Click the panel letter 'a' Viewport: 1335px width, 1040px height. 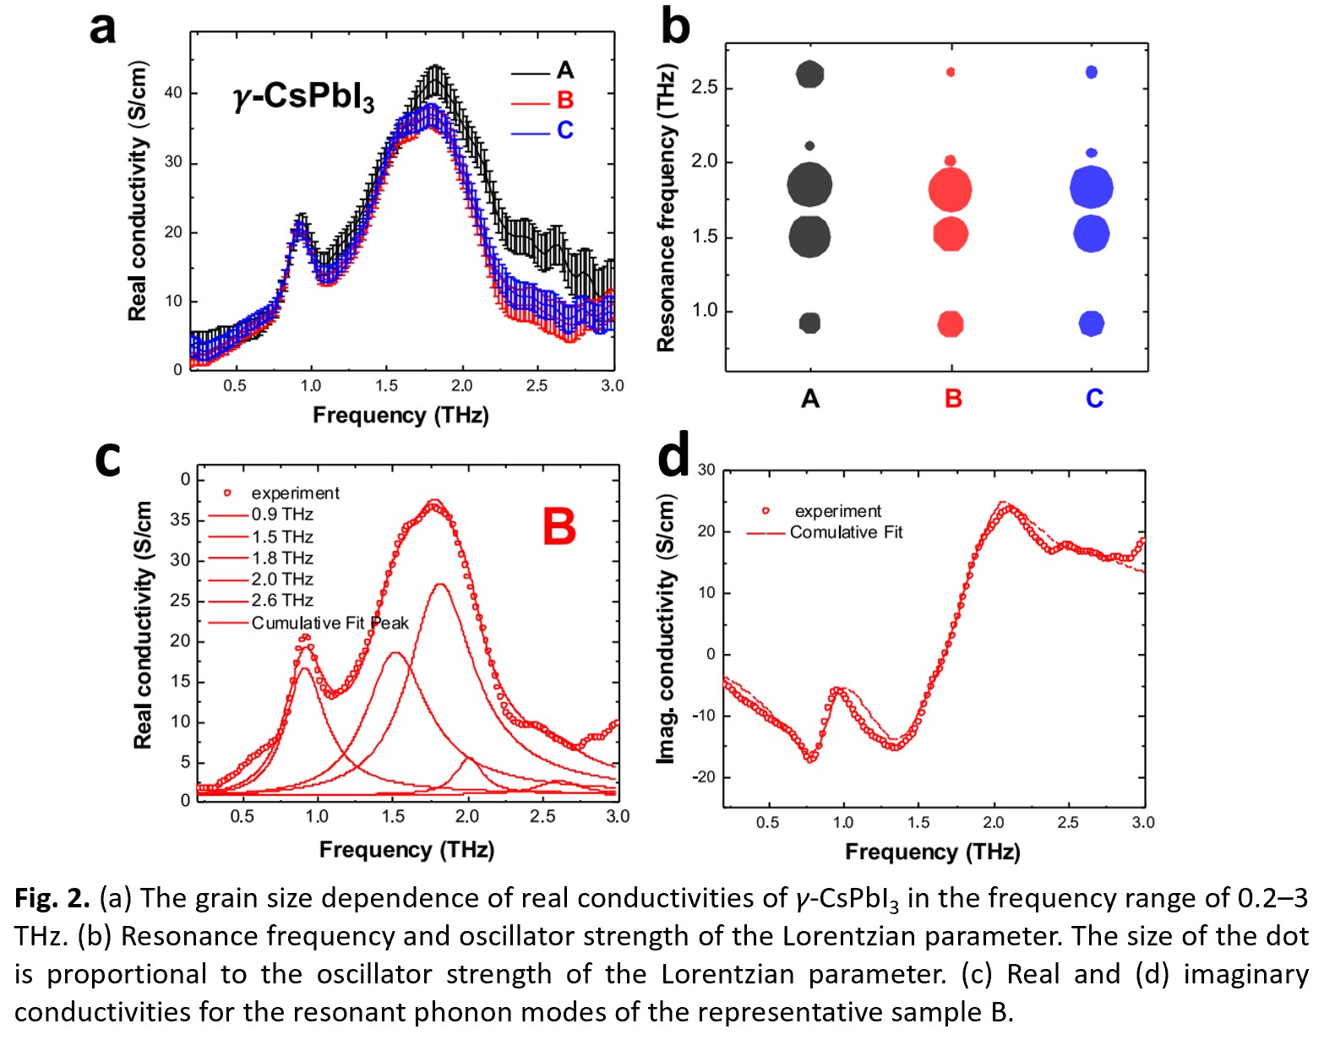pyautogui.click(x=102, y=28)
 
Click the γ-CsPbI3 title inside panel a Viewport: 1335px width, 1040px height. pyautogui.click(x=303, y=96)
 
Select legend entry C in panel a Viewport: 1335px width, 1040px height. pyautogui.click(x=564, y=130)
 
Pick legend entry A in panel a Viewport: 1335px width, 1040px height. pyautogui.click(x=564, y=70)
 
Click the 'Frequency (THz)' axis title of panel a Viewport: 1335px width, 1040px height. pyautogui.click(x=400, y=415)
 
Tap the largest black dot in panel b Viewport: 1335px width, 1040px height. pyautogui.click(x=809, y=184)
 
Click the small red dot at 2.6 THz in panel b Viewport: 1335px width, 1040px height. pyautogui.click(x=951, y=73)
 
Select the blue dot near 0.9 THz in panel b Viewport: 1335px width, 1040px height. pyautogui.click(x=1092, y=324)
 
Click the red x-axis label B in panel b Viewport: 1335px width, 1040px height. pyautogui.click(x=953, y=398)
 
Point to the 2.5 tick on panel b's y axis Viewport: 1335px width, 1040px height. pyautogui.click(x=704, y=87)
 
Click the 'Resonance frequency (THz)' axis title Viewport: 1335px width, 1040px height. pyautogui.click(x=667, y=208)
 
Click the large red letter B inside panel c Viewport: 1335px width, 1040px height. pyautogui.click(x=559, y=525)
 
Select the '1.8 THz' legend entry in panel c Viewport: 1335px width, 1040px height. pyautogui.click(x=282, y=558)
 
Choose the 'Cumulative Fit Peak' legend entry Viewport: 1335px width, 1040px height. pyautogui.click(x=330, y=623)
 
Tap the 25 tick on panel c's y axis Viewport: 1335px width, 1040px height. pyautogui.click(x=180, y=601)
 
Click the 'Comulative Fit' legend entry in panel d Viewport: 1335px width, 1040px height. pyautogui.click(x=846, y=532)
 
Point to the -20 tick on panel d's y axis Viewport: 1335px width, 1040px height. pyautogui.click(x=705, y=776)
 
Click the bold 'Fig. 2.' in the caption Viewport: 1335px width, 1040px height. pyautogui.click(x=52, y=898)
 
